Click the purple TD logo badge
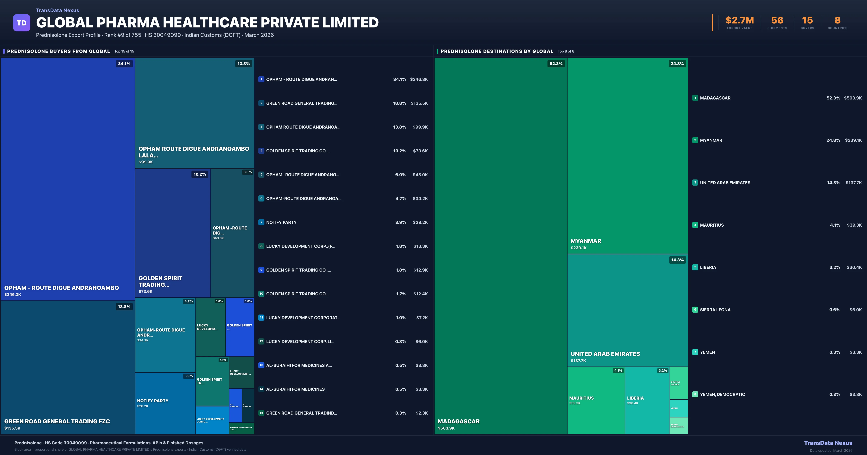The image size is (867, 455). click(21, 23)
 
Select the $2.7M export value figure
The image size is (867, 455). click(739, 21)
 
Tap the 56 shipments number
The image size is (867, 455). click(777, 21)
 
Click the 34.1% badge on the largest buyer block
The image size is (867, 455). click(124, 64)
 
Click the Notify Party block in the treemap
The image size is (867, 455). click(165, 403)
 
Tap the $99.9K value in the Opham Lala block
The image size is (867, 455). click(146, 162)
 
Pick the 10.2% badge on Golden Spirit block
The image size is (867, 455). click(200, 174)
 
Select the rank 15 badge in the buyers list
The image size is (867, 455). click(261, 413)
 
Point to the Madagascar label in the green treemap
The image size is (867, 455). click(458, 421)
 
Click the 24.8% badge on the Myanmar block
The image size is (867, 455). click(677, 64)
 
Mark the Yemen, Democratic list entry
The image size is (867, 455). click(722, 394)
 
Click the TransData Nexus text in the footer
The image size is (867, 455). click(828, 443)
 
